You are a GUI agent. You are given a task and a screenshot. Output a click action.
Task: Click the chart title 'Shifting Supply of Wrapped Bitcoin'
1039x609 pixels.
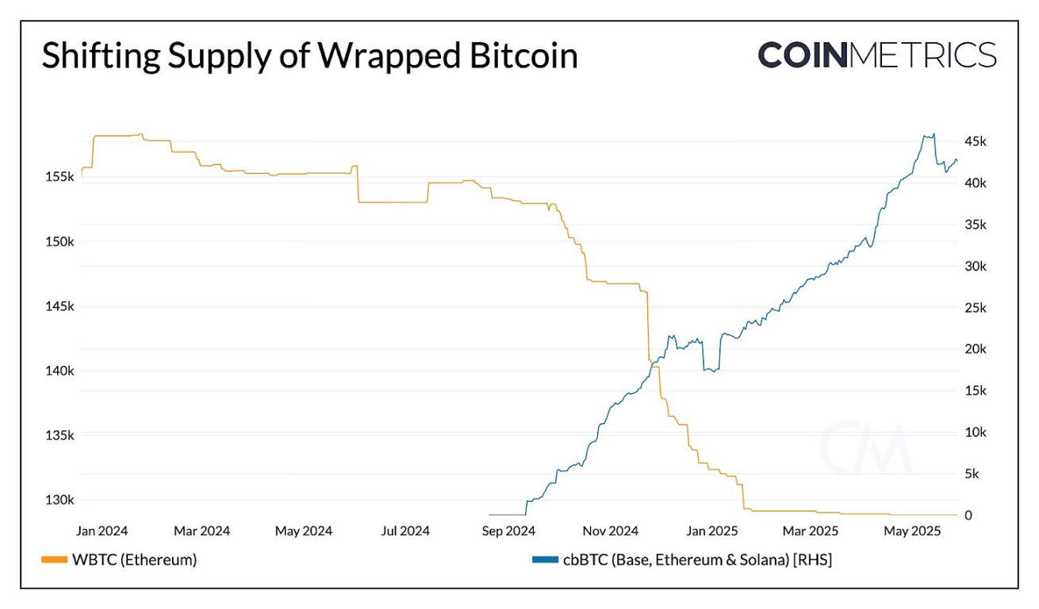[x=309, y=57]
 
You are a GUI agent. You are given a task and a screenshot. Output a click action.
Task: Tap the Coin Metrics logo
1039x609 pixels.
[x=876, y=55]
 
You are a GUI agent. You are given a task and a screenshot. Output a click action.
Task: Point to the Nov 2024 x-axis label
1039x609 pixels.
[x=610, y=530]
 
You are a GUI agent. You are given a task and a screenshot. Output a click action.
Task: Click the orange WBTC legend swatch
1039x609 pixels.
[x=53, y=560]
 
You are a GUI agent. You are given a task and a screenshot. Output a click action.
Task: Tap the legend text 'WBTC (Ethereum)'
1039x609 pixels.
[x=135, y=560]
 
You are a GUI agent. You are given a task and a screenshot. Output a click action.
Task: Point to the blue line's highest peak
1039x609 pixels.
[x=934, y=134]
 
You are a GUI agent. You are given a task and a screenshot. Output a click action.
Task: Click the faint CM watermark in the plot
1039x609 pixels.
[x=865, y=449]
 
